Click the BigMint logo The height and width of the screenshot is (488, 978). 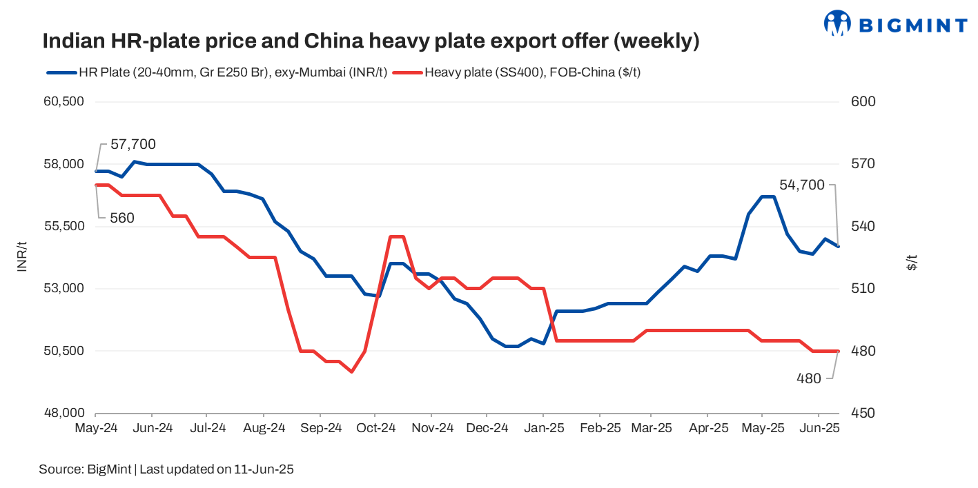point(896,23)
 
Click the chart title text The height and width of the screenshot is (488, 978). point(371,41)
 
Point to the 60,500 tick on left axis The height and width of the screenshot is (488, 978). point(63,102)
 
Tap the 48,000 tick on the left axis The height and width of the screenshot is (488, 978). point(63,414)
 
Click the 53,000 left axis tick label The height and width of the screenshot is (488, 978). point(63,289)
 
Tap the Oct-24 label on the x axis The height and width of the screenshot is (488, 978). point(375,429)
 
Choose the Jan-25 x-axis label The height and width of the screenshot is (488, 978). point(543,429)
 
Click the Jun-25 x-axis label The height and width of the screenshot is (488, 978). point(819,429)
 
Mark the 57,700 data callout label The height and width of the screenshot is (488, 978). point(133,145)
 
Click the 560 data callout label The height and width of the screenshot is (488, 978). point(122,218)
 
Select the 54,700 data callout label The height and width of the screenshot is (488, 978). point(802,185)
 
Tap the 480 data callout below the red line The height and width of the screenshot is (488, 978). point(809,378)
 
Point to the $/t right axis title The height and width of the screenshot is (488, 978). point(912,263)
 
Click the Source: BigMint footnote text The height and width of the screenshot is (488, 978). point(166,469)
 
